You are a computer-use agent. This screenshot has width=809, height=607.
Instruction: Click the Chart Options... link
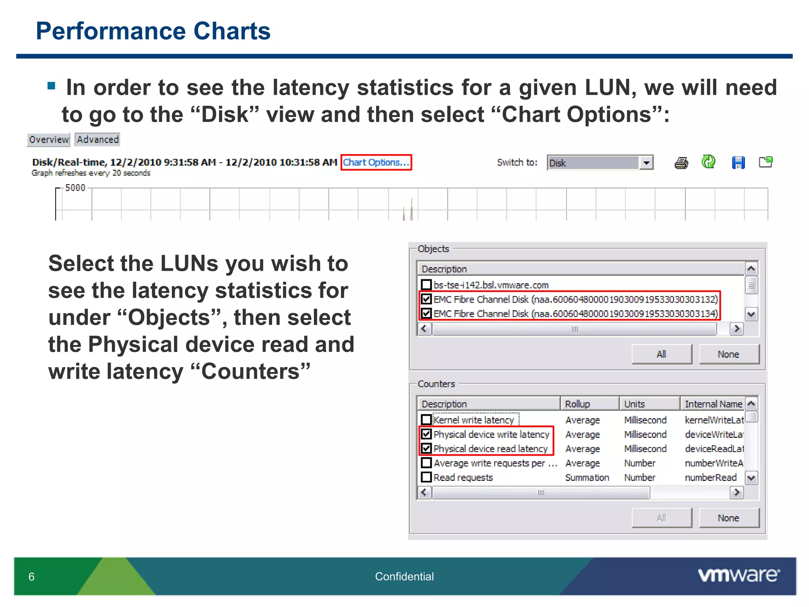(376, 162)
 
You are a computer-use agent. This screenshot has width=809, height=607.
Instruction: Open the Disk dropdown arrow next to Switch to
(646, 163)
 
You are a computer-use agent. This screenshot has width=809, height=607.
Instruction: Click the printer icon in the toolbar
(681, 163)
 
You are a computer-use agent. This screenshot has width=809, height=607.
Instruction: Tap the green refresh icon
(708, 162)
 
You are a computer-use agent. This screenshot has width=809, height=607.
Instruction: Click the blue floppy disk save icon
(738, 162)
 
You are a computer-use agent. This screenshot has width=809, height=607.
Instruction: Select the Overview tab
(49, 139)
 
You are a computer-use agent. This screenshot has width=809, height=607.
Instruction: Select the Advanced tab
(98, 139)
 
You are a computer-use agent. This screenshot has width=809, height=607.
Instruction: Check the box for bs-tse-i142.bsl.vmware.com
(426, 285)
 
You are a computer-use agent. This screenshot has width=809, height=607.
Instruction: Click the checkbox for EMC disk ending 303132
(426, 299)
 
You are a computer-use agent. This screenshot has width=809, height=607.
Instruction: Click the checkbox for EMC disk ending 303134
(426, 313)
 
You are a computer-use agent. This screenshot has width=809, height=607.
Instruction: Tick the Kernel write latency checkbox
(426, 420)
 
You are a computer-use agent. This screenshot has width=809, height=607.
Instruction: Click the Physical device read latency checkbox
(426, 449)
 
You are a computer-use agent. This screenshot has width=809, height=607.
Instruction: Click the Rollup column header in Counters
(589, 404)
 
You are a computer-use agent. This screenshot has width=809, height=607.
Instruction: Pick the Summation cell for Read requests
(587, 477)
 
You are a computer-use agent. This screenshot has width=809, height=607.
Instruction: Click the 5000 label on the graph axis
(75, 188)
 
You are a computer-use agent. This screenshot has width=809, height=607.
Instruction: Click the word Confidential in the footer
(404, 577)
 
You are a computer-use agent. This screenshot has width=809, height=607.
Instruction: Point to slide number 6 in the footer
(32, 577)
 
